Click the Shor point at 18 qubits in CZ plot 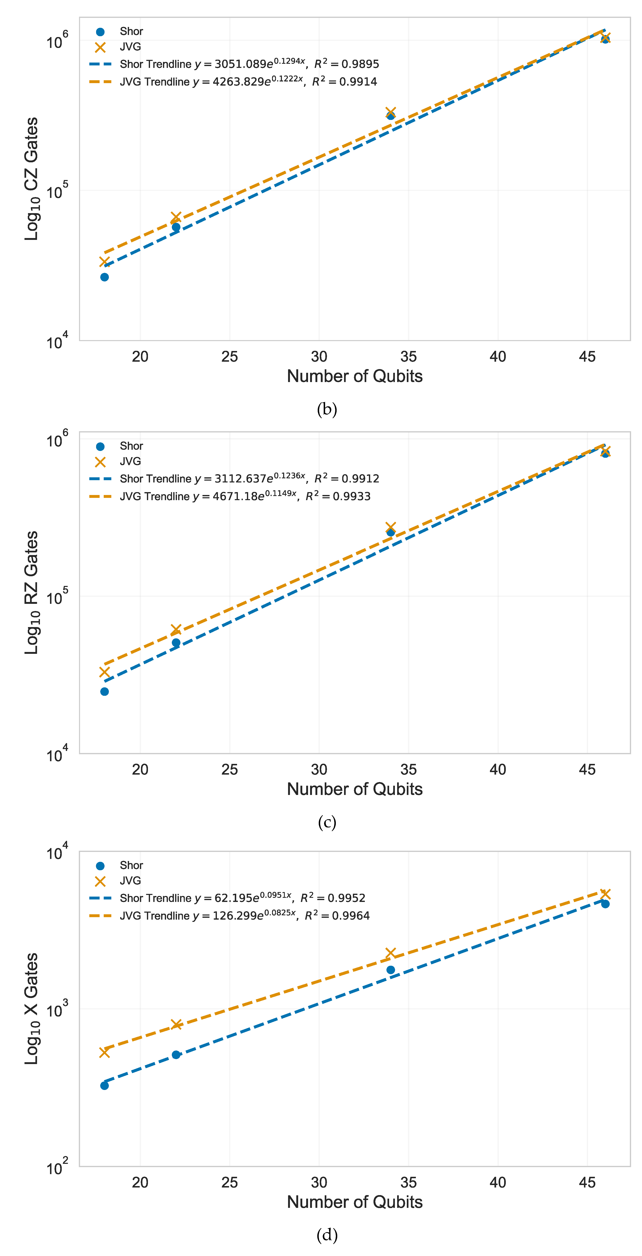[x=104, y=277]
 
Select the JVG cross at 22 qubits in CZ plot [x=176, y=217]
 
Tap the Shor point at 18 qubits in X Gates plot [x=104, y=1085]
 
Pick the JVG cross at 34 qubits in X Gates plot [x=390, y=953]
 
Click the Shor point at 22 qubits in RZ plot [x=176, y=643]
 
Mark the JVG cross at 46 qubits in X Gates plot [x=605, y=894]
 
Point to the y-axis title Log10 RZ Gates [x=31, y=592]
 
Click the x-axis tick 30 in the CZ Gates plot [x=319, y=356]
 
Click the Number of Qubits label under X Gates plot [x=355, y=1202]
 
